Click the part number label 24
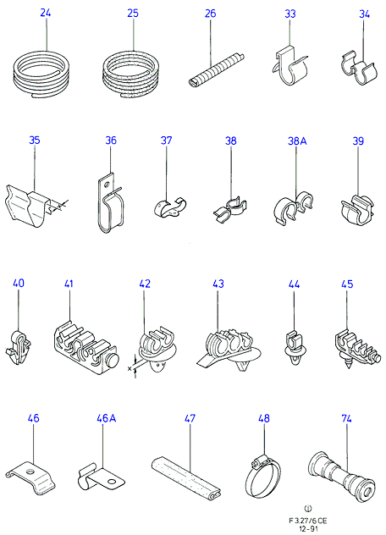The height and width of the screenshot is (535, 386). [x=46, y=13]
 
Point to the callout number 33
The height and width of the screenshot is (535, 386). [x=290, y=14]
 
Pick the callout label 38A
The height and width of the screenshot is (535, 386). [x=297, y=141]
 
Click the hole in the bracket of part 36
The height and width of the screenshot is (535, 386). [x=107, y=185]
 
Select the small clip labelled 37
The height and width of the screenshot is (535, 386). [x=170, y=207]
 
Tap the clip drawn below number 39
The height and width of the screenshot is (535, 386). [x=357, y=210]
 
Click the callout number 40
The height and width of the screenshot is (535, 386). [x=19, y=284]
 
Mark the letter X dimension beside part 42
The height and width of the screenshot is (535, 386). [x=130, y=368]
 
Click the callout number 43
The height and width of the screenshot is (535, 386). [x=218, y=284]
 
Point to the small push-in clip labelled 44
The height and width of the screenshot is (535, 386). [x=295, y=346]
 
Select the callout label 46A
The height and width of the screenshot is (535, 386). [x=106, y=418]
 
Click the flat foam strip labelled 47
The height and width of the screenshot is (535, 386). [x=186, y=475]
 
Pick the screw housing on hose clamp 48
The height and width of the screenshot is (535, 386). [x=259, y=461]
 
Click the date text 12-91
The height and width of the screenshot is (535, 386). [x=307, y=528]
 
